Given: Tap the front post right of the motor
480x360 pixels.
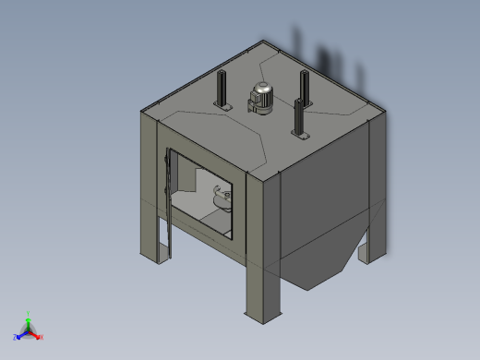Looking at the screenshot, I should coord(297,116).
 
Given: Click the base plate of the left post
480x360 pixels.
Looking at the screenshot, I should coord(222,108).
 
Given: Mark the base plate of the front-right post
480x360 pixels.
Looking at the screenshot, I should coord(298,135).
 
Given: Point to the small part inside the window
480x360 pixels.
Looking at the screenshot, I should coord(220,198).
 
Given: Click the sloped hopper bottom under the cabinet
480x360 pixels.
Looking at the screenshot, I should coord(314,268).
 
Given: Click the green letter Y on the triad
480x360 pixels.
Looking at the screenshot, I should coord(30,313).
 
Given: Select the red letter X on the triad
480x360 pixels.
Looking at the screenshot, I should coord(42,336).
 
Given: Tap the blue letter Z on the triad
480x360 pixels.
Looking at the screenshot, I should coord(15,337).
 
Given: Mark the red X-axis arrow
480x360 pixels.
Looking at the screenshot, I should coord(36,333).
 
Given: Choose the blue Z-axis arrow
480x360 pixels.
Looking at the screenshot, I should coord(21,333).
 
